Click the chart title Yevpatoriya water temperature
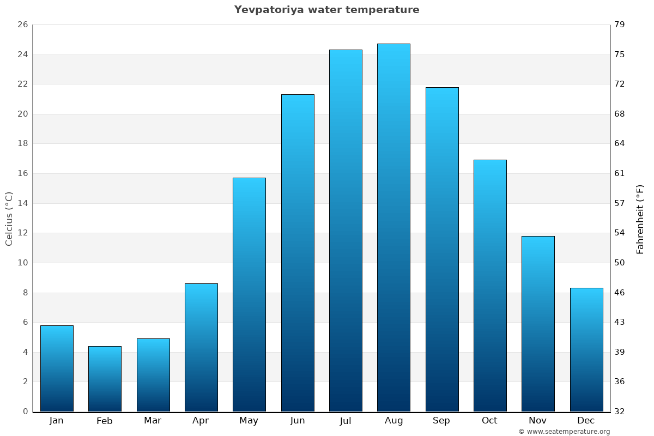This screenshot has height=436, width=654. point(326,10)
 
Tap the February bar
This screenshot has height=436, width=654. point(105,379)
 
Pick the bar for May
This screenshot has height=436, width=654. point(249,294)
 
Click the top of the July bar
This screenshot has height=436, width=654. point(346,51)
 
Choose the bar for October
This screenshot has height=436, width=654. point(490,286)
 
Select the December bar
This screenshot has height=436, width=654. point(586,349)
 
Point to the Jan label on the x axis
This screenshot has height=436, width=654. point(56,421)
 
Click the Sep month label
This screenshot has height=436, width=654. point(441,421)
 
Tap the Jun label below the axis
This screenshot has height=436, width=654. point(298,421)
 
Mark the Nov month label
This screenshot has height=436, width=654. point(538,421)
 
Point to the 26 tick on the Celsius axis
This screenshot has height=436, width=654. point(22,25)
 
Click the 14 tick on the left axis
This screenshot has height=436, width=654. point(22,203)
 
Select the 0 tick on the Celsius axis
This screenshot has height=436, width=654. point(25,411)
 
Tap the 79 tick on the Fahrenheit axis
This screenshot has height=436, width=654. point(620,25)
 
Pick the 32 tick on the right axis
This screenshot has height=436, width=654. point(620,411)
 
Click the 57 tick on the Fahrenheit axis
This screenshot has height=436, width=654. point(620,203)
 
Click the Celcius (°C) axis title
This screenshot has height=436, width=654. point(9,219)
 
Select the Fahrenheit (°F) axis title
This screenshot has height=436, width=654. point(640,219)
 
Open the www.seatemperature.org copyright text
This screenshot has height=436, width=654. point(564,432)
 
